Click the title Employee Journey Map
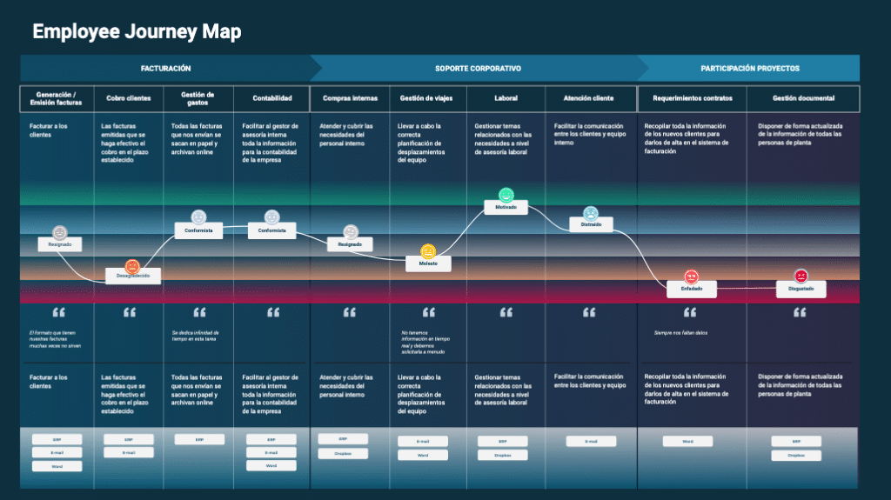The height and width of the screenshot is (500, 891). (x=137, y=32)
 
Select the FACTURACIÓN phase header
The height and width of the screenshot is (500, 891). (x=165, y=68)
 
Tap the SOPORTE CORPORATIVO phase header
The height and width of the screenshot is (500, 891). (x=478, y=68)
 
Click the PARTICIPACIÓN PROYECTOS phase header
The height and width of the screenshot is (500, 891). (x=749, y=68)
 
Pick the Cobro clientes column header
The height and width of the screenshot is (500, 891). (x=128, y=98)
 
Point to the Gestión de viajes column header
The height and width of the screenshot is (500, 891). (x=426, y=98)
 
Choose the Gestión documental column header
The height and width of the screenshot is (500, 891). (x=802, y=98)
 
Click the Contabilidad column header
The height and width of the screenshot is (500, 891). (x=271, y=98)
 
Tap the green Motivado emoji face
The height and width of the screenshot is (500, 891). (x=506, y=195)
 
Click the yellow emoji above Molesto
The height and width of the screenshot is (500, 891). (x=427, y=251)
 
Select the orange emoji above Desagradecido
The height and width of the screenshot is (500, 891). (x=132, y=266)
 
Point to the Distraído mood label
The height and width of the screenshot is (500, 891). (x=591, y=224)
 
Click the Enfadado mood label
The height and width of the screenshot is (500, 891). (x=692, y=288)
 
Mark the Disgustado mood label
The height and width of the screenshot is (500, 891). (x=801, y=289)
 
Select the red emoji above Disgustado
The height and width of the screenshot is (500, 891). (x=801, y=276)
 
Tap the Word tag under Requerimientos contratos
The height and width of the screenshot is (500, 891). (x=687, y=441)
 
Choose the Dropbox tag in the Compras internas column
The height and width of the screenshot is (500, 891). (x=342, y=453)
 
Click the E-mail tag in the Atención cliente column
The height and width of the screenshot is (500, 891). (x=591, y=441)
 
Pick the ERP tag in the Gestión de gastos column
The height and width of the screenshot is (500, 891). (x=198, y=439)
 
